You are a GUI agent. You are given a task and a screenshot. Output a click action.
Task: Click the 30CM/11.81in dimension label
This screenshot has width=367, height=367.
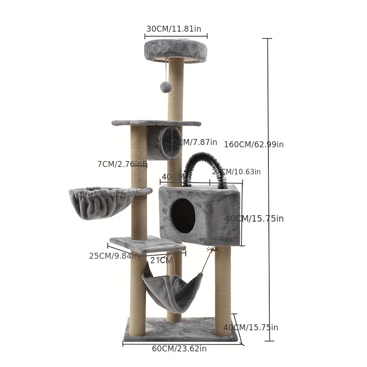point(173,29)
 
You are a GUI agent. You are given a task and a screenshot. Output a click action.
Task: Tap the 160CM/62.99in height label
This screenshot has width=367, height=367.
point(254,145)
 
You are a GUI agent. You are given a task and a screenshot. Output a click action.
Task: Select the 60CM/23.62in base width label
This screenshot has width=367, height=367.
point(179,349)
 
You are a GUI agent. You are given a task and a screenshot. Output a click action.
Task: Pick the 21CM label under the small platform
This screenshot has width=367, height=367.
point(161,261)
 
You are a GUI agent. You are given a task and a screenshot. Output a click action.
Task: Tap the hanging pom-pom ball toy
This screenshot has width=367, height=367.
point(166,86)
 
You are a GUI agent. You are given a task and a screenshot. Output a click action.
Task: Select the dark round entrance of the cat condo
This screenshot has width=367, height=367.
point(183,216)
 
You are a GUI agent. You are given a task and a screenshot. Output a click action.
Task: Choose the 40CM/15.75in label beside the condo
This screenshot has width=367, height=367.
point(254,219)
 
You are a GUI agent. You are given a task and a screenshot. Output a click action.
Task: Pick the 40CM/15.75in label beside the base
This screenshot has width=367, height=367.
point(250,328)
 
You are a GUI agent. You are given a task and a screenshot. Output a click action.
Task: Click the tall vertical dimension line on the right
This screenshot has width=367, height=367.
point(268,183)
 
